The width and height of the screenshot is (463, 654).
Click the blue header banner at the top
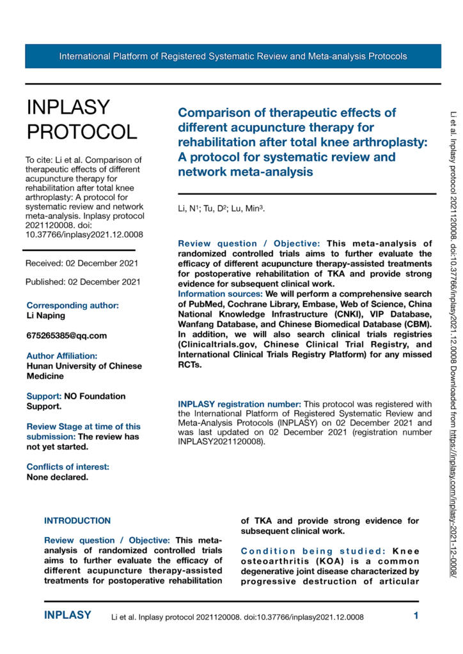click(x=233, y=56)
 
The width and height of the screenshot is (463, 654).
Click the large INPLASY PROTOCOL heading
click(x=81, y=119)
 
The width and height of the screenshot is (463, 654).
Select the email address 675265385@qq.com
click(x=67, y=335)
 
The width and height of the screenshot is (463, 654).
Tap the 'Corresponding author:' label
click(x=72, y=305)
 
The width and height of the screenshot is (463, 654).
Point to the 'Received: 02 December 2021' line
click(x=81, y=263)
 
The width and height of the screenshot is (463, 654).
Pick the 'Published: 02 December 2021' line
click(x=82, y=281)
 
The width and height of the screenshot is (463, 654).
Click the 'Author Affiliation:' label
click(x=62, y=356)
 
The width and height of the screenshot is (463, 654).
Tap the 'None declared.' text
click(x=57, y=459)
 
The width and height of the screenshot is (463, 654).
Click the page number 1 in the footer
click(x=416, y=616)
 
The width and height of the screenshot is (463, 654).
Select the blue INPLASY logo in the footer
click(x=68, y=616)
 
